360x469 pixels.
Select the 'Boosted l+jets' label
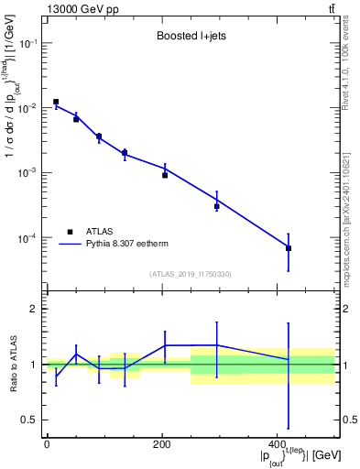coord(191,38)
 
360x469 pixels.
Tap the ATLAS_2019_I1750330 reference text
coord(191,274)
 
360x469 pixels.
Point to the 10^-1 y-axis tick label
coord(28,43)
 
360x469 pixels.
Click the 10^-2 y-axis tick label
coord(28,108)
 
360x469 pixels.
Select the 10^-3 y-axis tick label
coord(28,173)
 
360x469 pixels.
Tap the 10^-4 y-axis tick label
coord(28,238)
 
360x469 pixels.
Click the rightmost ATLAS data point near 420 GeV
coord(289,248)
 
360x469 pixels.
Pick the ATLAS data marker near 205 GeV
coord(165,174)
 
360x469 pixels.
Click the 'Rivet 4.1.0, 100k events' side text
coord(345,69)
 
